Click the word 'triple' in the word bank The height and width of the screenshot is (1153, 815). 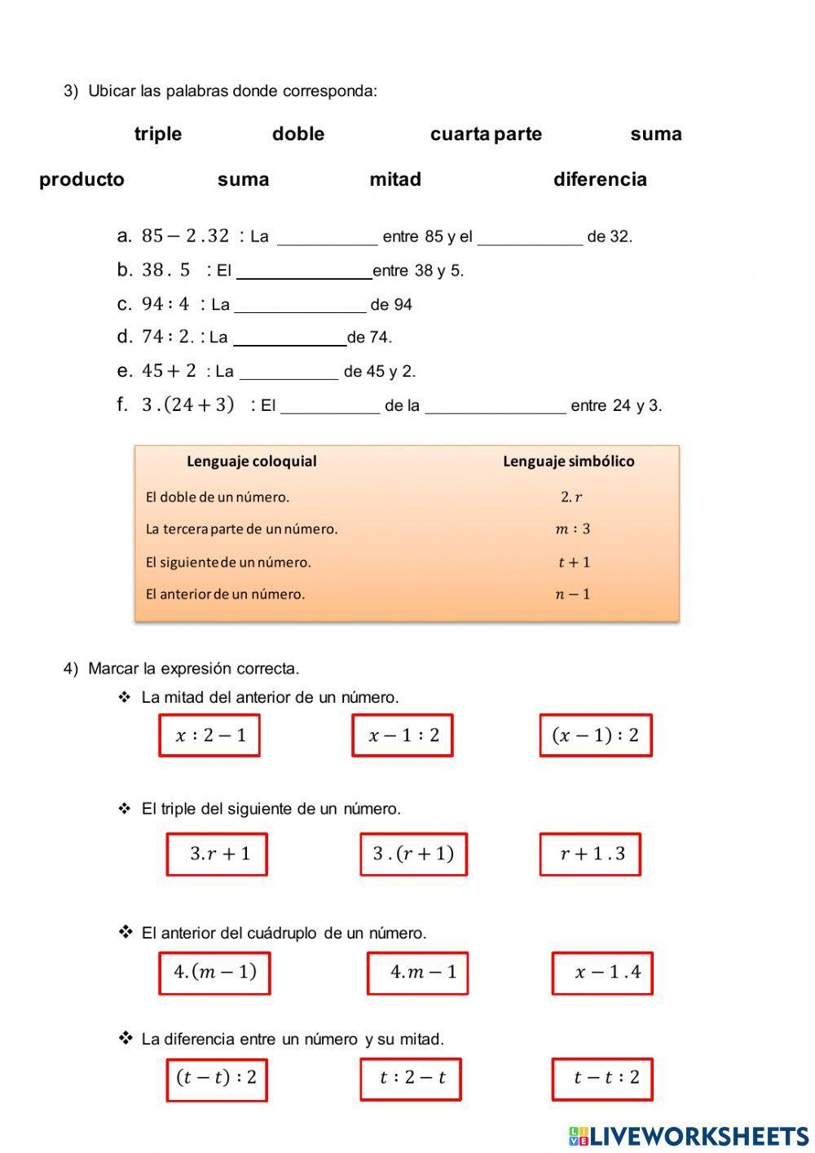[x=158, y=135]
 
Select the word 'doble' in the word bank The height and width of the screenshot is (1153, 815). [x=298, y=135]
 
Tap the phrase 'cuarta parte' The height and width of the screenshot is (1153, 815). [x=486, y=135]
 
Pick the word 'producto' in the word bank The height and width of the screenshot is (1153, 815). [x=81, y=180]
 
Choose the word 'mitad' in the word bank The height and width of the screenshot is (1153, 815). [x=395, y=180]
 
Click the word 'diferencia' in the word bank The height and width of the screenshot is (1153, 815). [x=600, y=180]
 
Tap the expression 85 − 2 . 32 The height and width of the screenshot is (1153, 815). [x=186, y=236]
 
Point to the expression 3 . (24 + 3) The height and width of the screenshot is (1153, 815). [x=188, y=404]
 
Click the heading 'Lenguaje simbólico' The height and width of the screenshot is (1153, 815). [x=568, y=462]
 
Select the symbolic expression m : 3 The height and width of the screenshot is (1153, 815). [x=572, y=529]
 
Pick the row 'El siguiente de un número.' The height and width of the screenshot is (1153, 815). [x=228, y=563]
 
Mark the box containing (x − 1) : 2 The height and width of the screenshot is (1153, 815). [x=596, y=736]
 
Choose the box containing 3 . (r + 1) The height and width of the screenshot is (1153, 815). [x=413, y=855]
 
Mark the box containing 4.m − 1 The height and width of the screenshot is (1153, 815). [x=417, y=973]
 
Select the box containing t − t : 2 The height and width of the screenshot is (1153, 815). [x=602, y=1079]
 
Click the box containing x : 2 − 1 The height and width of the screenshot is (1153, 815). [x=209, y=736]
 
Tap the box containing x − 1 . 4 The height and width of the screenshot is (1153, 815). [x=602, y=973]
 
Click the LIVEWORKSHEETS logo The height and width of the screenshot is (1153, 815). [x=689, y=1136]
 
